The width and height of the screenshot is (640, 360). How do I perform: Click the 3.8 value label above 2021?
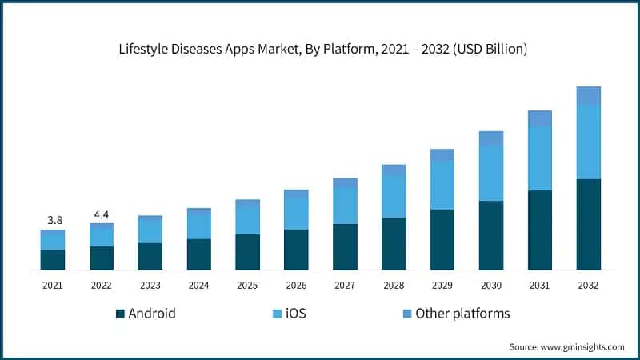click(53, 220)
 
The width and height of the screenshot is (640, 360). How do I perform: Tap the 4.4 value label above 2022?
click(102, 214)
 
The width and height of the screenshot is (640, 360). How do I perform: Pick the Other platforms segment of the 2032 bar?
click(589, 96)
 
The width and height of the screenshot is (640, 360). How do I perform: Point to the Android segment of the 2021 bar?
click(53, 260)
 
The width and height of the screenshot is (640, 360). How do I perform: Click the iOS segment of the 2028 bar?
click(394, 196)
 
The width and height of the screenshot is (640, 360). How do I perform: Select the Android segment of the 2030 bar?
click(491, 235)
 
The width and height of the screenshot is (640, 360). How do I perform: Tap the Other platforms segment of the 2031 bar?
click(540, 118)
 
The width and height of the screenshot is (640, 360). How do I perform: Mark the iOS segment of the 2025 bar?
click(247, 220)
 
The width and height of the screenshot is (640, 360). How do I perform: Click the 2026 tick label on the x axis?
click(296, 285)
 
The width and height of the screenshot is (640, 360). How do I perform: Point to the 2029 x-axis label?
click(442, 285)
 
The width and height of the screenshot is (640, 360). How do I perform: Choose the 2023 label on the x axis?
click(150, 285)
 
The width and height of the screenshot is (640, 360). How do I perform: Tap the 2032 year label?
click(589, 285)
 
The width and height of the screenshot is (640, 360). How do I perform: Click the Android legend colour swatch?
click(121, 314)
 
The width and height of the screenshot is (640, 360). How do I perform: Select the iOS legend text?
click(294, 314)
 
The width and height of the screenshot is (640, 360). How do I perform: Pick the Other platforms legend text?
click(462, 314)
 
